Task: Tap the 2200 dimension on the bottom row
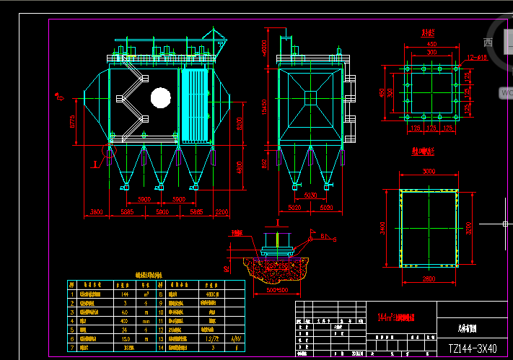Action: pyautogui.click(x=222, y=212)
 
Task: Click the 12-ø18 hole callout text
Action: pyautogui.click(x=457, y=57)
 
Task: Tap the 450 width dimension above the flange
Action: pyautogui.click(x=431, y=45)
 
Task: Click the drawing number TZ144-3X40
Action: pyautogui.click(x=473, y=348)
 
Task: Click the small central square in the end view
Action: pyautogui.click(x=310, y=97)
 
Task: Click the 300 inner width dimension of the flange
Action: pyautogui.click(x=431, y=53)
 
